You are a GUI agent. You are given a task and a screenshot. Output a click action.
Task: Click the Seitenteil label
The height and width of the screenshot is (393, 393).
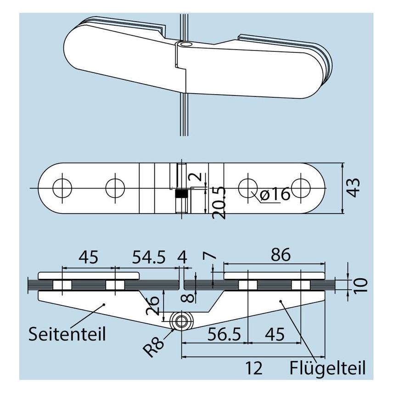[x=67, y=334]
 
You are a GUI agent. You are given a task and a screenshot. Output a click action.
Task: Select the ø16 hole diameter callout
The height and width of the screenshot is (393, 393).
[x=275, y=194]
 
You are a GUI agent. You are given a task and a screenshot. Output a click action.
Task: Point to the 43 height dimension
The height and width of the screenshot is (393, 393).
[x=354, y=188]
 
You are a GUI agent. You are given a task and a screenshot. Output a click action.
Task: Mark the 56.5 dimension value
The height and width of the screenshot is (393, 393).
[x=224, y=334]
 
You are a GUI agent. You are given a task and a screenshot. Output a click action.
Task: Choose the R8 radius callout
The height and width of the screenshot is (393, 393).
[x=154, y=347]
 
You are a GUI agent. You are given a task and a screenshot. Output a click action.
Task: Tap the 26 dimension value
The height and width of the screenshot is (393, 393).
[x=152, y=305]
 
